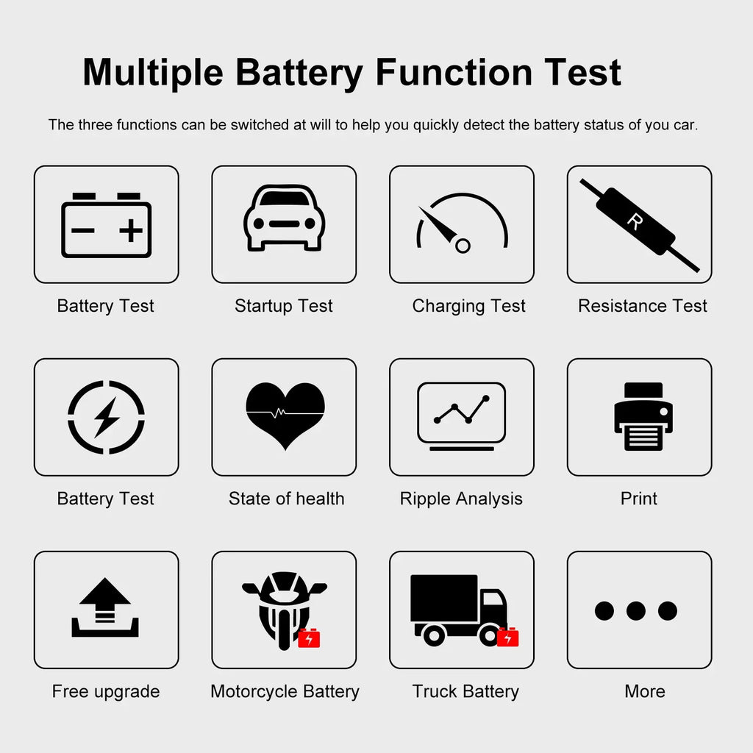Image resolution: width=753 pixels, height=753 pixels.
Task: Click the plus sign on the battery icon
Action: click(x=131, y=230)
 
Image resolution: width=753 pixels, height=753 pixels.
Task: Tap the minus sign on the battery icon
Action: click(x=82, y=230)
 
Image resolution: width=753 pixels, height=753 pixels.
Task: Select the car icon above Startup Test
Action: click(x=285, y=218)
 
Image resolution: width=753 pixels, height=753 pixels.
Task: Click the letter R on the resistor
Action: click(x=635, y=221)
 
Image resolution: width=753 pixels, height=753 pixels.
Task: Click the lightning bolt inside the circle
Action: click(x=106, y=417)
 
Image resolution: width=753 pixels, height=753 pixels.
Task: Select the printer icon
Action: click(x=643, y=416)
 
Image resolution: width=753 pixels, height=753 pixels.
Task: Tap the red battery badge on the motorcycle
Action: click(x=309, y=638)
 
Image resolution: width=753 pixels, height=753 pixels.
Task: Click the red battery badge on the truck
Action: click(x=507, y=638)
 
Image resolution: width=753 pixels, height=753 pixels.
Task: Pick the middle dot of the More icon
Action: click(x=636, y=611)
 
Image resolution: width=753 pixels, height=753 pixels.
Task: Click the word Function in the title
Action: click(x=454, y=73)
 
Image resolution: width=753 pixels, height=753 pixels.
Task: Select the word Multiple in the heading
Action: click(x=153, y=73)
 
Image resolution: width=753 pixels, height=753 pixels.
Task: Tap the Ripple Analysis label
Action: click(x=461, y=499)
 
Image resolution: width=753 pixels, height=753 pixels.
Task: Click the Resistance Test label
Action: click(x=643, y=306)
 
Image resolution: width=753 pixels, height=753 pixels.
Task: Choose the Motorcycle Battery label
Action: click(x=285, y=692)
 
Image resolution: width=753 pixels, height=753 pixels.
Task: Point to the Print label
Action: click(x=639, y=499)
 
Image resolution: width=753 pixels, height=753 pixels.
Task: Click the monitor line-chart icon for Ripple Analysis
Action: click(x=462, y=416)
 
